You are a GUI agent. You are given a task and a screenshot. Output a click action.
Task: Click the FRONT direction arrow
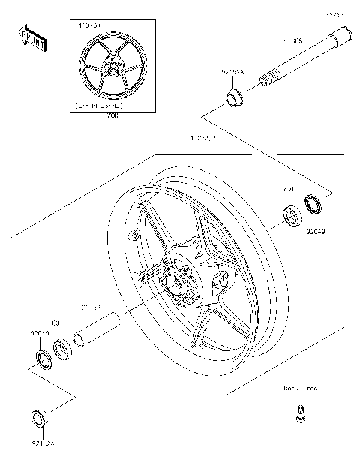click(x=33, y=38)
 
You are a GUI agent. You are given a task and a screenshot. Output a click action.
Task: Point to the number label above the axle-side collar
click(x=232, y=73)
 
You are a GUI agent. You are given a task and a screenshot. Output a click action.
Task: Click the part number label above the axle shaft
click(x=292, y=42)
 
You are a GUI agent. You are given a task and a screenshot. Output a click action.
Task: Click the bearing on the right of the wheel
click(x=291, y=217)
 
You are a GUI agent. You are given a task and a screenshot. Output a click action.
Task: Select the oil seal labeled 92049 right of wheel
click(x=313, y=205)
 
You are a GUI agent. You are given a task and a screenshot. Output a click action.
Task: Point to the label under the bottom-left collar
click(x=43, y=443)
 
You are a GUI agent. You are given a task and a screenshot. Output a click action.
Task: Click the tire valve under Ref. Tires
click(x=300, y=413)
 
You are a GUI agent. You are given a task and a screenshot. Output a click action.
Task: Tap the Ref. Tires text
click(x=300, y=388)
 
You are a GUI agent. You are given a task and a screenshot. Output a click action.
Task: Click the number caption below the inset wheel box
click(x=112, y=115)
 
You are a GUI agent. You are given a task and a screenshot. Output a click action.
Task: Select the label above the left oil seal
click(x=39, y=332)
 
